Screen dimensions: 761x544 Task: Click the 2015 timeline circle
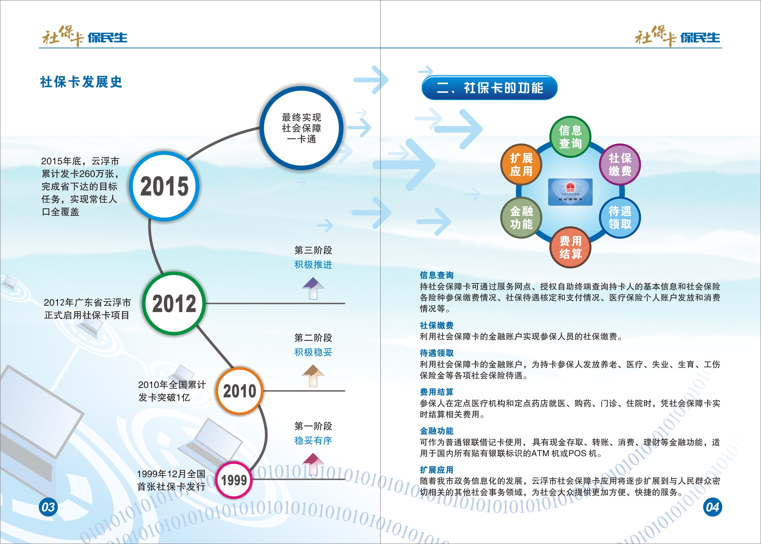164,186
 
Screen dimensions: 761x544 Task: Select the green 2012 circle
174,303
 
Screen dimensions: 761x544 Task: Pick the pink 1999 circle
234,480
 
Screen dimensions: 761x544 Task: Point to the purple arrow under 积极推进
313,288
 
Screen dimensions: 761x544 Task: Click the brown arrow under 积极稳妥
313,376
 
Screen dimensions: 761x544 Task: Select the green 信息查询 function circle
570,137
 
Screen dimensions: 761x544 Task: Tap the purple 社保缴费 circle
620,165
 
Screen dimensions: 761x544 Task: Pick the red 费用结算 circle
570,247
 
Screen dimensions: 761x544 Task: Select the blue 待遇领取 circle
620,218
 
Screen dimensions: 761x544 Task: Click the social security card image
570,192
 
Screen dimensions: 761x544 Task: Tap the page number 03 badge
48,507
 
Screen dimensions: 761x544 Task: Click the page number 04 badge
712,507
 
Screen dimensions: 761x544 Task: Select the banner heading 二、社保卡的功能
489,88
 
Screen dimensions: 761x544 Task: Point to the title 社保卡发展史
81,82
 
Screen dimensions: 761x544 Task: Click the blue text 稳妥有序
313,440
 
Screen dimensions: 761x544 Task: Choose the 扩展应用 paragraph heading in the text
437,470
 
